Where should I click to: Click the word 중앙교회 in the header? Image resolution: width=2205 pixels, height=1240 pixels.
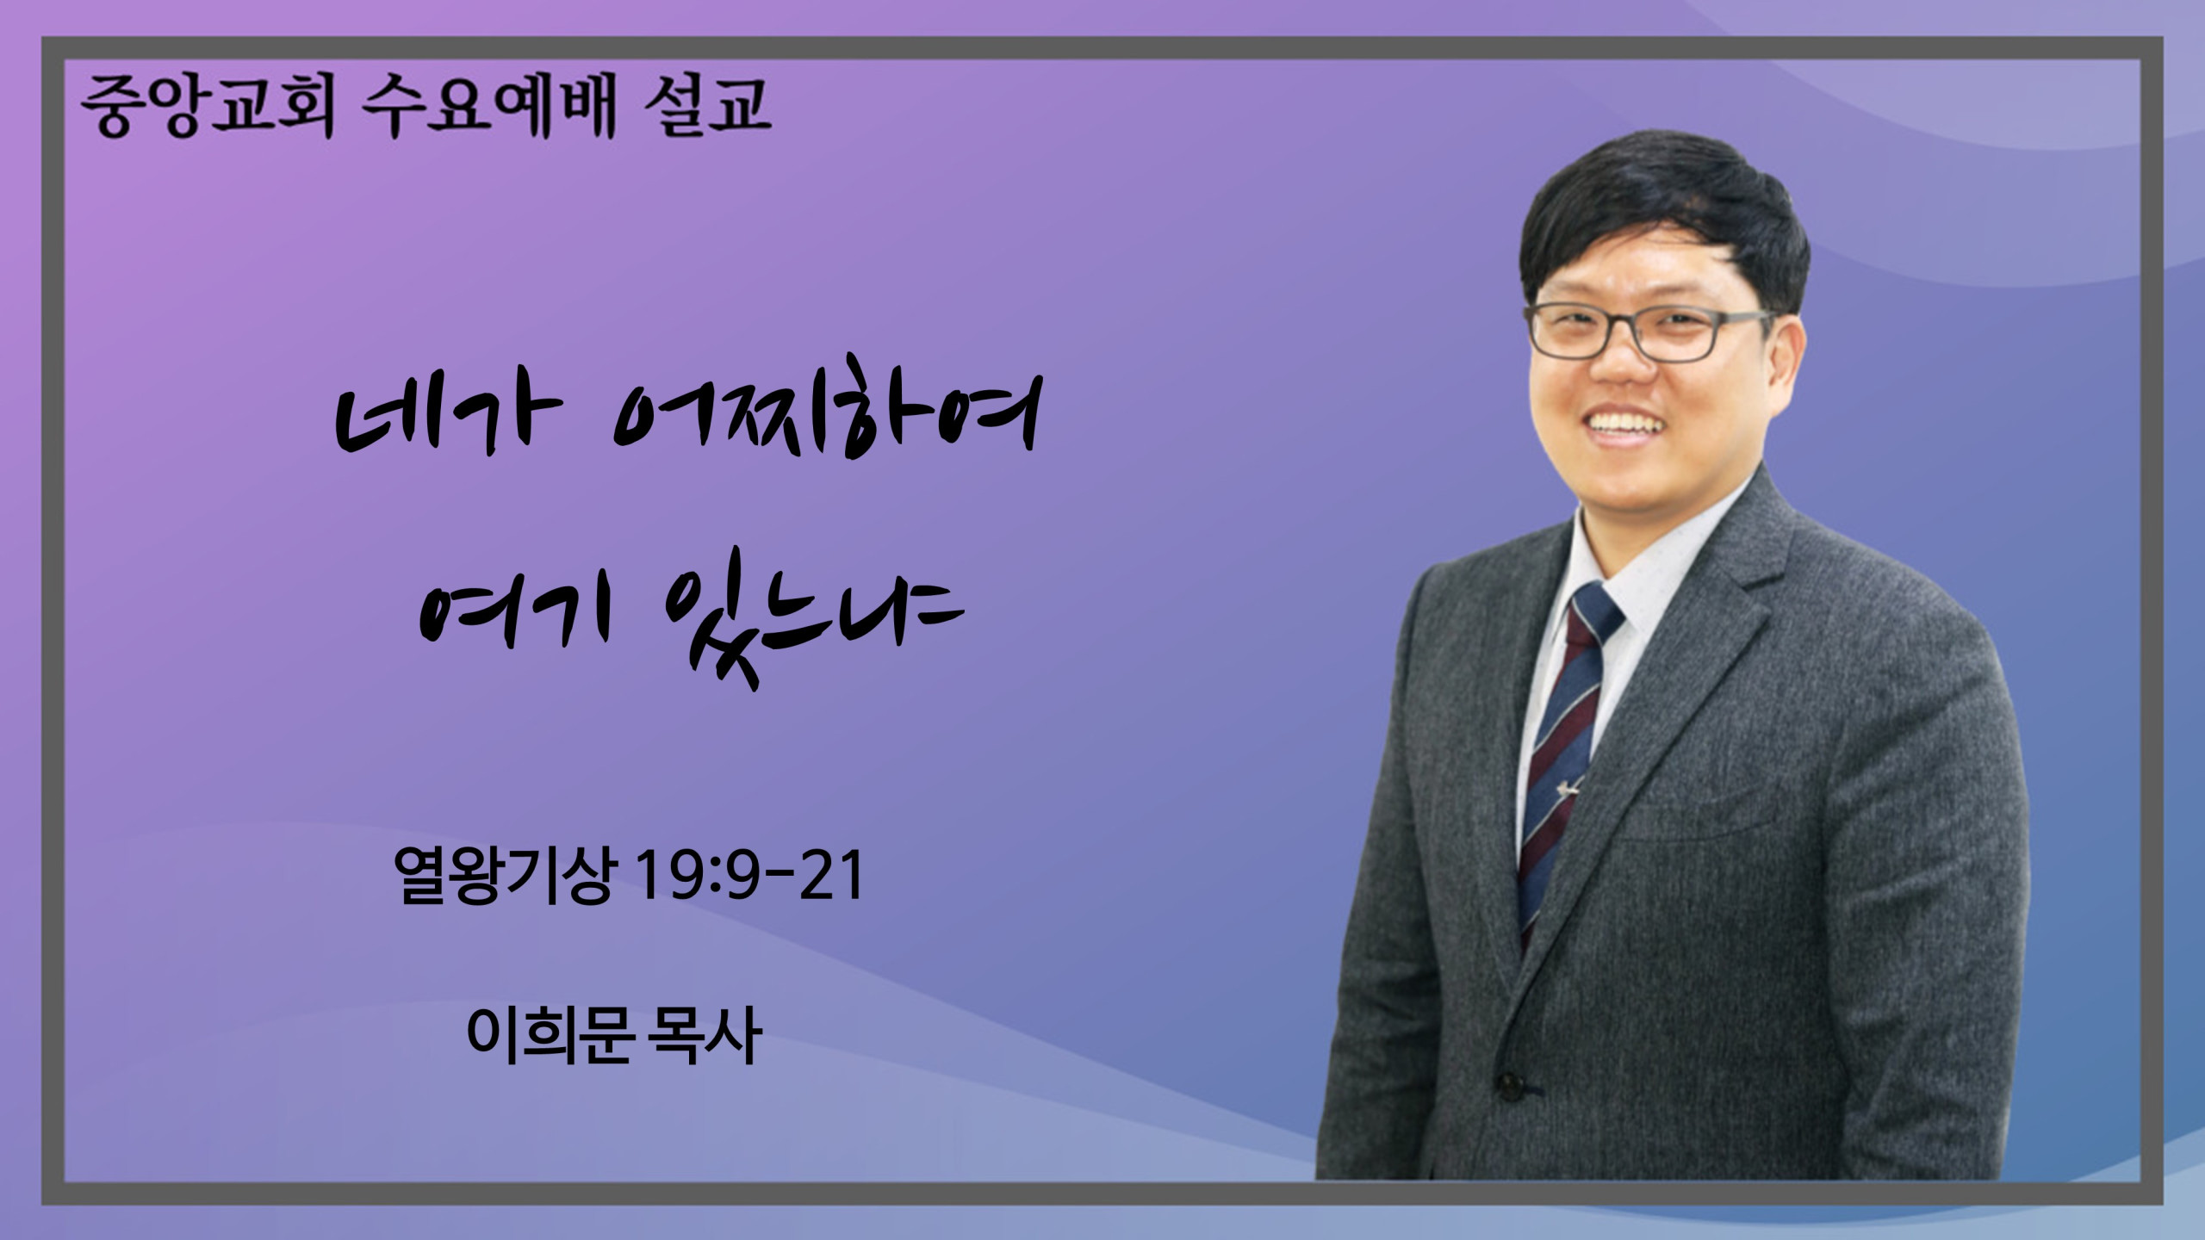click(x=206, y=107)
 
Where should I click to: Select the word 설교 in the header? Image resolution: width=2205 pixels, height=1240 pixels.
click(x=706, y=107)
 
